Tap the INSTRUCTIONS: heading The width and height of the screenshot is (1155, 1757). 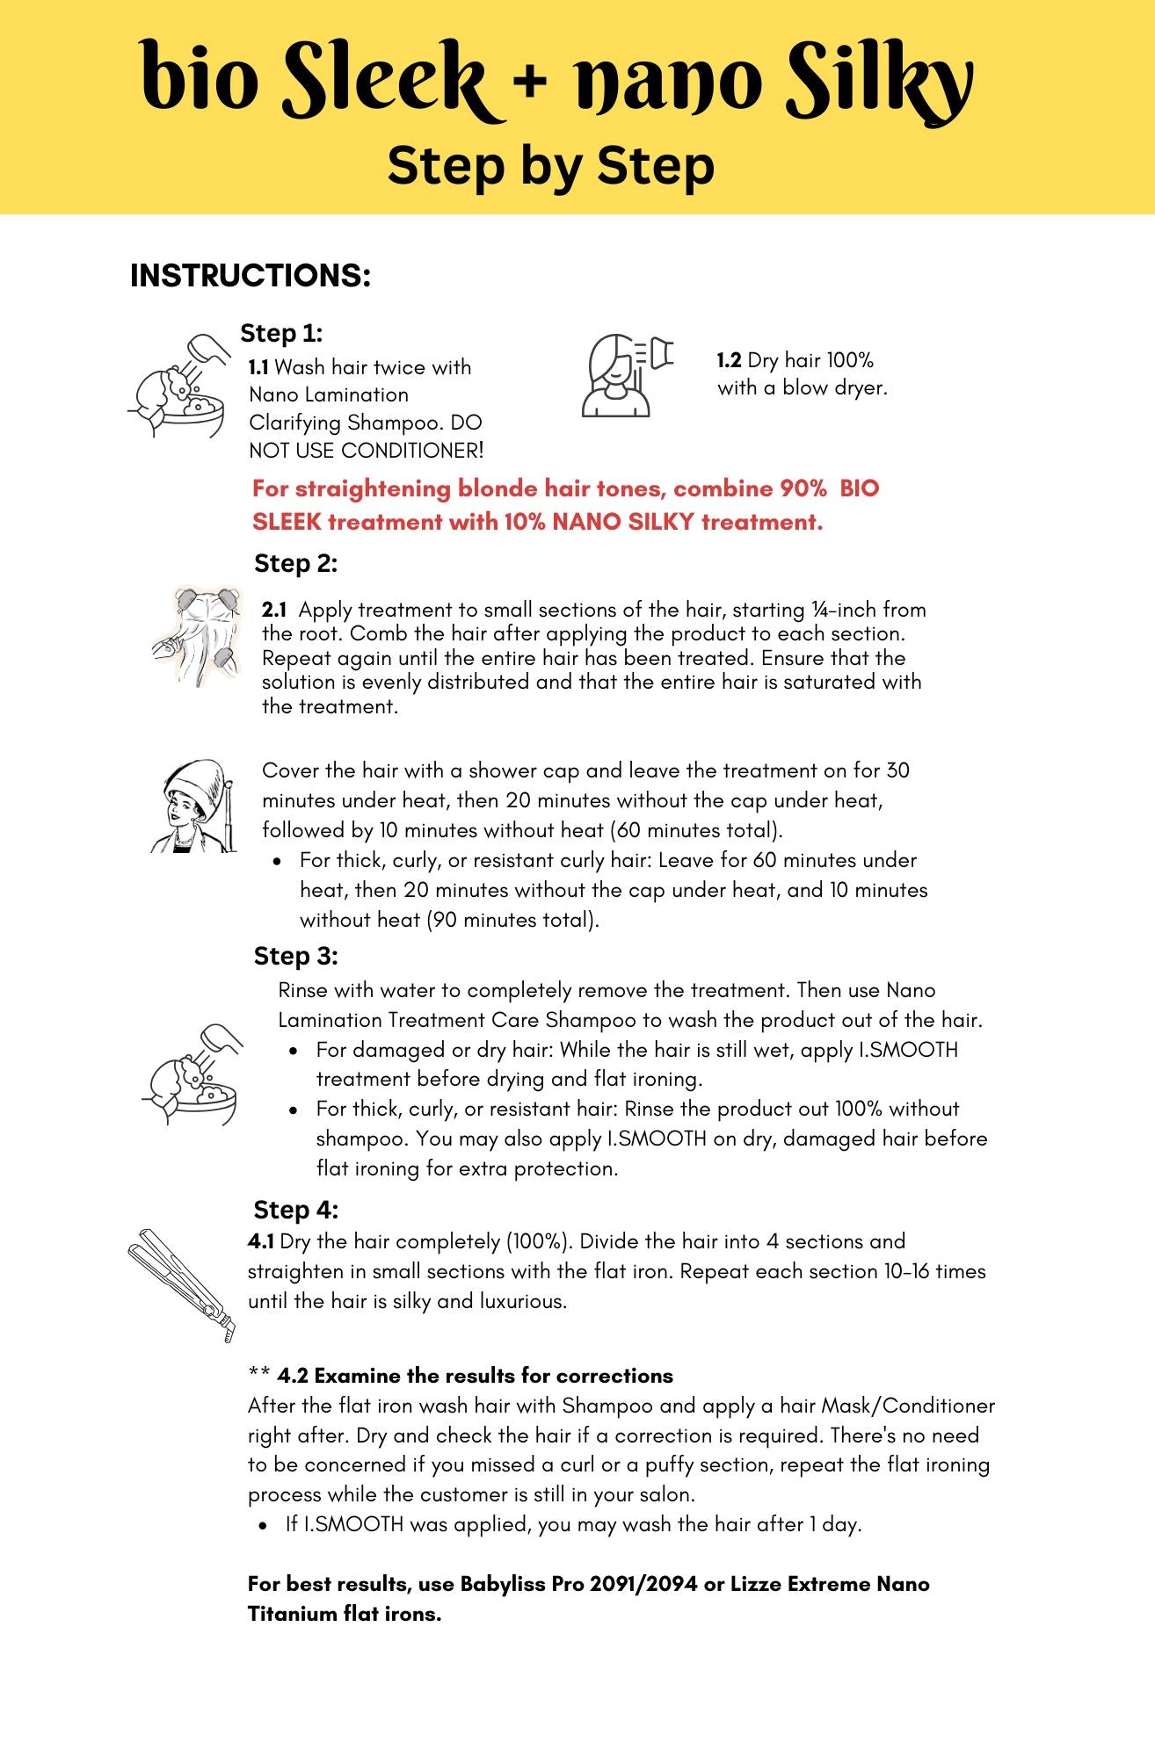pyautogui.click(x=251, y=276)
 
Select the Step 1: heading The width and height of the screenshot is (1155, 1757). pyautogui.click(x=281, y=334)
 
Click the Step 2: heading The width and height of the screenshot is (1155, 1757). pyautogui.click(x=295, y=564)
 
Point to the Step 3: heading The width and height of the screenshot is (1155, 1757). pyautogui.click(x=295, y=956)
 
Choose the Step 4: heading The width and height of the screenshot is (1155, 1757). pyautogui.click(x=295, y=1210)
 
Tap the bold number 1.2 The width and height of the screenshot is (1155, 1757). pyautogui.click(x=729, y=361)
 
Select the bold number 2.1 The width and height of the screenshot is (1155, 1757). pyautogui.click(x=274, y=610)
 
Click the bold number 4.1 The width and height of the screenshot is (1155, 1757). pyautogui.click(x=260, y=1241)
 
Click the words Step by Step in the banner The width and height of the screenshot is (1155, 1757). pyautogui.click(x=550, y=166)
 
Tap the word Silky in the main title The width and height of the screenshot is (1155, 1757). pyautogui.click(x=879, y=81)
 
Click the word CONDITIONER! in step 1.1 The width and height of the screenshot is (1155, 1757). pyautogui.click(x=412, y=451)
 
